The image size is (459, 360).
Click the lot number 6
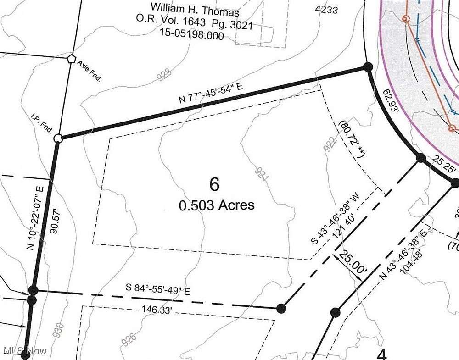pos(214,184)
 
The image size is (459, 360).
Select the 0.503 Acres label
pos(217,205)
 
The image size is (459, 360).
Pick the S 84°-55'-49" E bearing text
pos(158,290)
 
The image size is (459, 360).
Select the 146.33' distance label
pos(157,310)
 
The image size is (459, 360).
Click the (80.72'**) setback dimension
pos(351,139)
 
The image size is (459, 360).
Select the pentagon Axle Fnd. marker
pos(71,59)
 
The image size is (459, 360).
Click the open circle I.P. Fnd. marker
pos(58,138)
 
